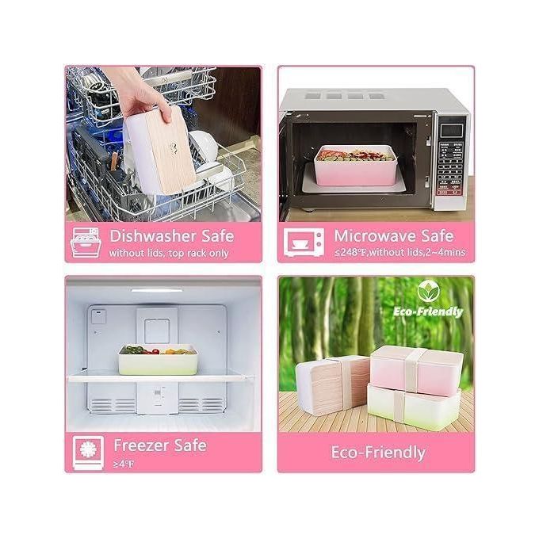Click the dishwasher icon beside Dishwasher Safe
pos(86,242)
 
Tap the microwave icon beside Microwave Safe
pos(304,242)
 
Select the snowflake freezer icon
pos(88,452)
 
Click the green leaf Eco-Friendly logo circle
pos(428,292)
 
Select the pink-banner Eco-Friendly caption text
pos(378,453)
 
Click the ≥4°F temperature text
pos(124,464)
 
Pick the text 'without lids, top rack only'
pos(169,254)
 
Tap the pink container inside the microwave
pos(355,166)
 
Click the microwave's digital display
pos(452,131)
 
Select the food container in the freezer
pos(158,360)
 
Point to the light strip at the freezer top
pos(157,290)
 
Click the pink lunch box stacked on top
pos(417,370)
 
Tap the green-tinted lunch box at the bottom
pos(414,407)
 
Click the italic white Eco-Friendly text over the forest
pos(428,312)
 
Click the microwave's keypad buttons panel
pos(451,168)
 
